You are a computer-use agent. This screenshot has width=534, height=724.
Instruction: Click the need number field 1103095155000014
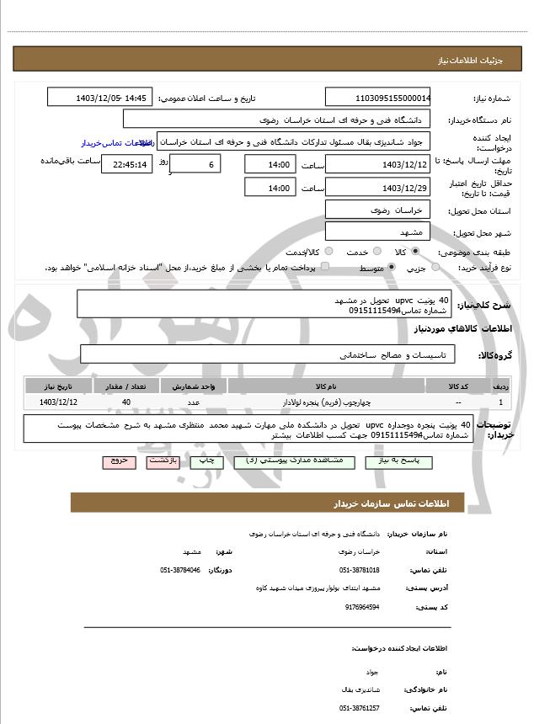(378, 98)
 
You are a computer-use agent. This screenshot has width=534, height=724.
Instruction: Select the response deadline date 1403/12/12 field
(378, 164)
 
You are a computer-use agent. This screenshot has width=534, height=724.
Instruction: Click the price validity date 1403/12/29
(378, 187)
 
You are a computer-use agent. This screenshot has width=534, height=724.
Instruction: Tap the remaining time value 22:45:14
(126, 164)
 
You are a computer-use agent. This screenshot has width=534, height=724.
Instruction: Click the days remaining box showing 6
(195, 164)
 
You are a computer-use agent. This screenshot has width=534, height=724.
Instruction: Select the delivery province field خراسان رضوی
(378, 210)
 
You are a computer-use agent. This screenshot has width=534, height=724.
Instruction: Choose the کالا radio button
(414, 252)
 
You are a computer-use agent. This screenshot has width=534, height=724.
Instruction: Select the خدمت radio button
(375, 252)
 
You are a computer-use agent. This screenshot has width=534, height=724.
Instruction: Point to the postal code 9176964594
(363, 606)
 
